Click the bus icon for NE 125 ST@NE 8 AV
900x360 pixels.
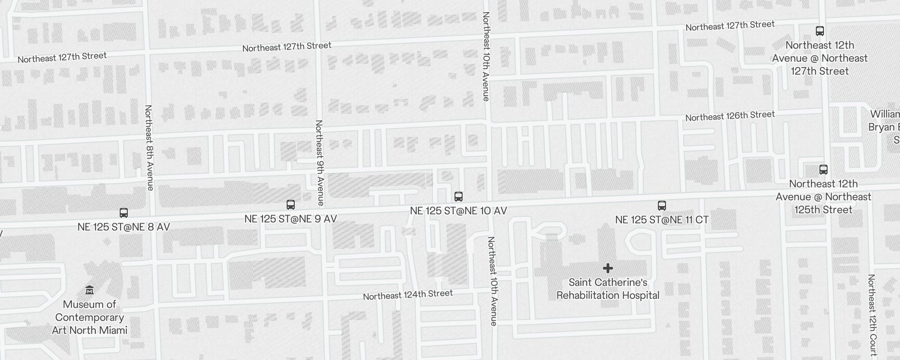click(124, 213)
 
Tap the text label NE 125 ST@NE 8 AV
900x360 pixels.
click(124, 227)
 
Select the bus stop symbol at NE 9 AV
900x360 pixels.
click(291, 205)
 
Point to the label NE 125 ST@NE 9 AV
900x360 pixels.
click(291, 219)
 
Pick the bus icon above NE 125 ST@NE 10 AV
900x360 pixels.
click(459, 197)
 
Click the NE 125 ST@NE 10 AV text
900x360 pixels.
click(459, 211)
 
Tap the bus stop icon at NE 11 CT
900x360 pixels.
click(662, 206)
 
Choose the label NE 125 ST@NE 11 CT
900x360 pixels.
click(662, 220)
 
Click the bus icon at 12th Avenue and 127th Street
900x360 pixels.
click(820, 31)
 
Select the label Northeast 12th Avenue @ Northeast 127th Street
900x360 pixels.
click(820, 58)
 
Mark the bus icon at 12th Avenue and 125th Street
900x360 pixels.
click(823, 170)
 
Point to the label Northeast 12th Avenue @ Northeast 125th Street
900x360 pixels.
click(823, 197)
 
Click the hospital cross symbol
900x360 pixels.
click(608, 268)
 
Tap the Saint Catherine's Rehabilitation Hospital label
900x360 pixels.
click(608, 289)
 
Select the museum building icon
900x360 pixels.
click(90, 290)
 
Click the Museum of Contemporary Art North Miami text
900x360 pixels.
click(90, 317)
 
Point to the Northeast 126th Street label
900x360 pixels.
click(730, 116)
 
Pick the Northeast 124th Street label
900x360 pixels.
click(408, 295)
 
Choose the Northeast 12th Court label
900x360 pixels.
click(872, 315)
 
